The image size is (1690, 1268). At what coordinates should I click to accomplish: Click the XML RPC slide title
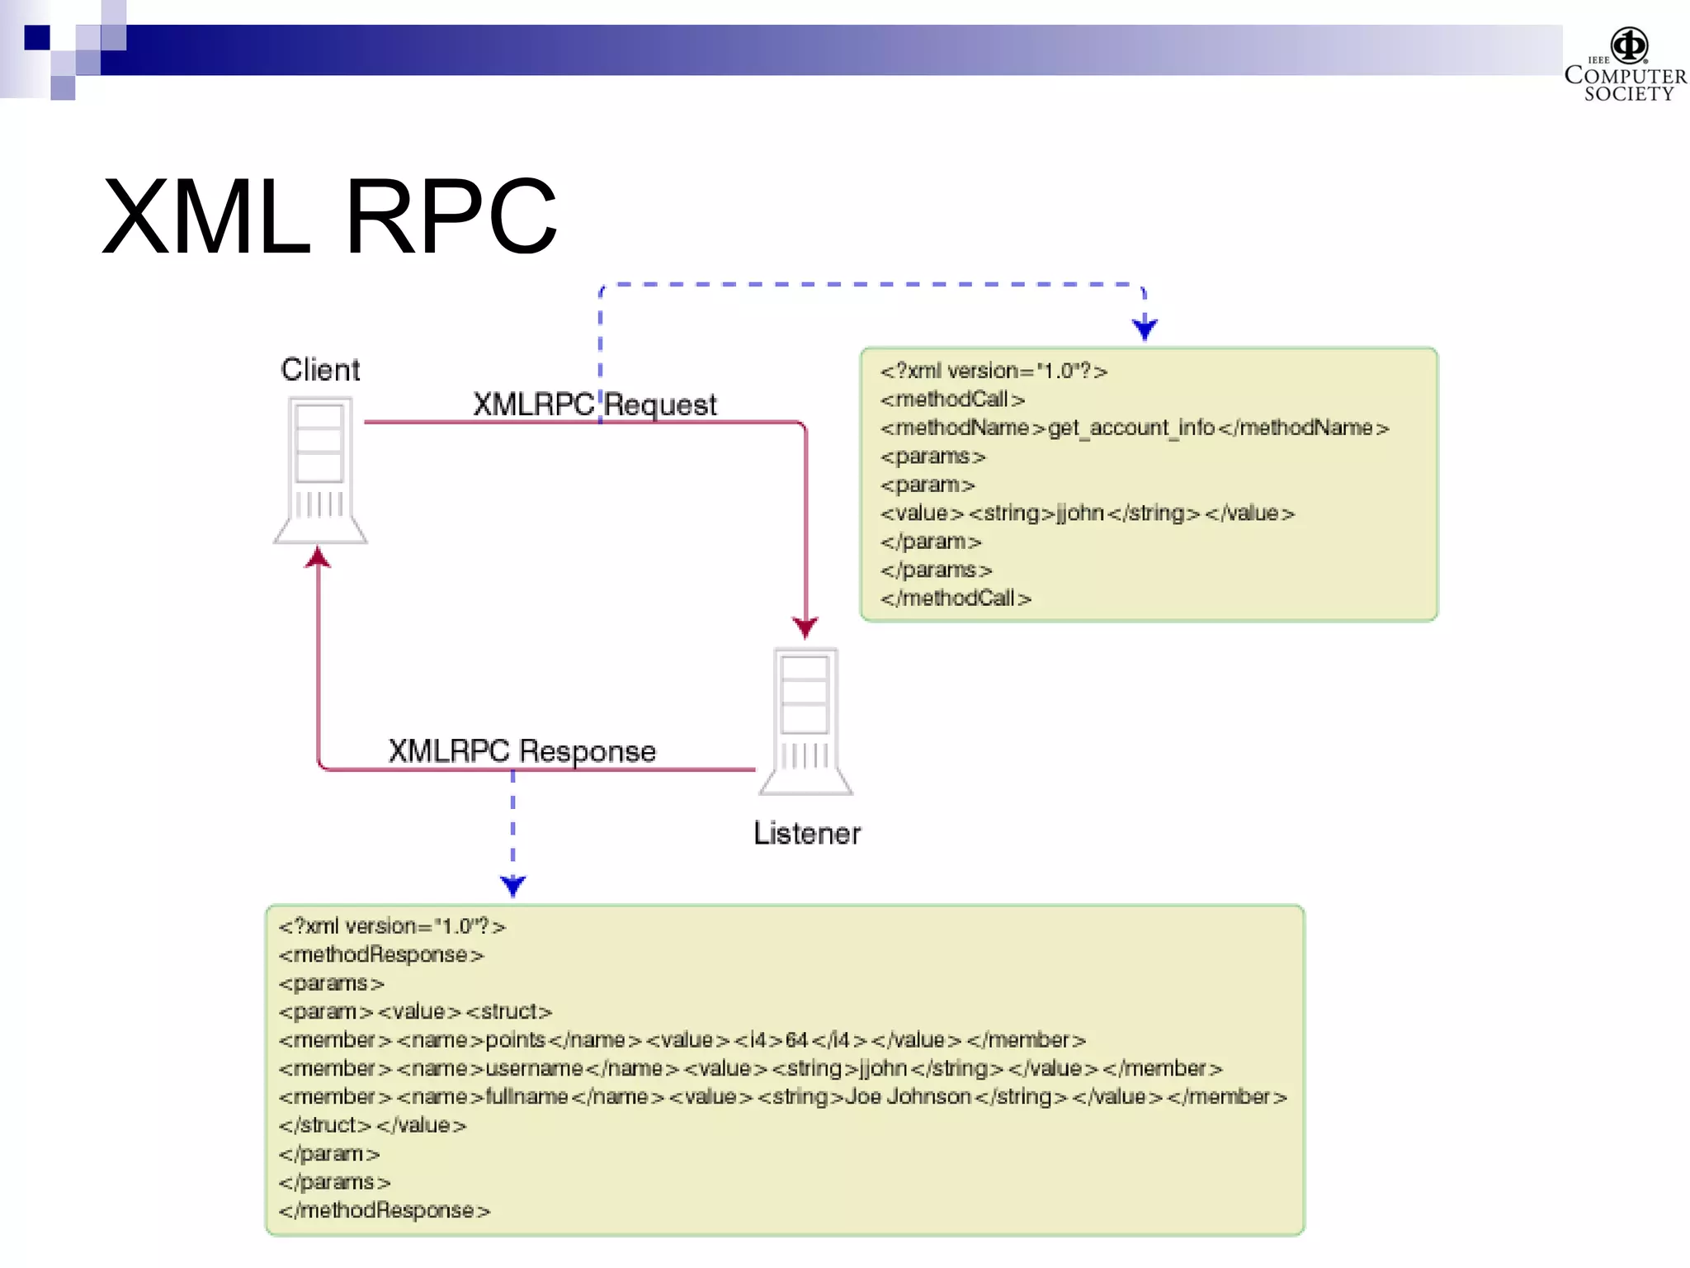pos(329,216)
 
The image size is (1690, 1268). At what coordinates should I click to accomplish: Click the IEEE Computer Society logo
pos(1626,64)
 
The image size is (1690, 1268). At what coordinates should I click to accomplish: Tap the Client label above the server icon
pos(320,370)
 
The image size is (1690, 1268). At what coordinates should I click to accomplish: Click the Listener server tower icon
pos(805,721)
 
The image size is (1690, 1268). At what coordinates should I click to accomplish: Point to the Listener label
pos(806,834)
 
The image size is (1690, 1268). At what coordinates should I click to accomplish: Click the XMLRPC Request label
pos(594,405)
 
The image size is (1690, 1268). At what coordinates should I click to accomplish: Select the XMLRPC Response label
pos(522,751)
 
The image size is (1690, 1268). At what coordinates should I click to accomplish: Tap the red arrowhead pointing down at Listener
pos(805,627)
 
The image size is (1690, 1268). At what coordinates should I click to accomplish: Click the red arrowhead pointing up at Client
pos(319,558)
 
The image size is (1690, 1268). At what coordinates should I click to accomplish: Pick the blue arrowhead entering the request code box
pos(1145,329)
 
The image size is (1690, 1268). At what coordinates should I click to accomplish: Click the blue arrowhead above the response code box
pos(512,886)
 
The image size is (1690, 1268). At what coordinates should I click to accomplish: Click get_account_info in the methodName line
pos(1131,428)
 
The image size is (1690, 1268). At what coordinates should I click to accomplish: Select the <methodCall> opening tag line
pos(952,400)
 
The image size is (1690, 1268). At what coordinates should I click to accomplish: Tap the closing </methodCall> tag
pos(956,599)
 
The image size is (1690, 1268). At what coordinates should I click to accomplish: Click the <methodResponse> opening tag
pos(381,955)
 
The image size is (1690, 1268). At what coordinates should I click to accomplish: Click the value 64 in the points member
pos(796,1040)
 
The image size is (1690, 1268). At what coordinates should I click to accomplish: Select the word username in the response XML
pos(534,1069)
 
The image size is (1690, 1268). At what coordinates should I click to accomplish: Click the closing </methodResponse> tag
pos(385,1211)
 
